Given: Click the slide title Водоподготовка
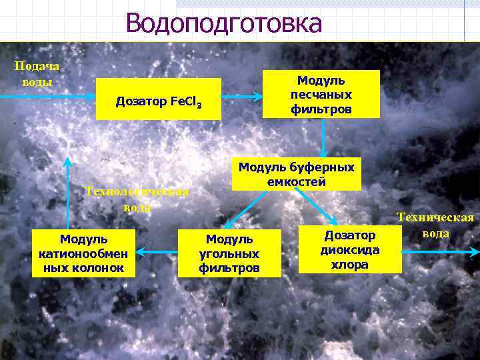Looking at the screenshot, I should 223,23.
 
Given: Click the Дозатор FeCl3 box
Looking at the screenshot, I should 159,101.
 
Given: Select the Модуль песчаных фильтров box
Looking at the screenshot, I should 321,94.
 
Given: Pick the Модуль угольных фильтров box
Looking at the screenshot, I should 229,253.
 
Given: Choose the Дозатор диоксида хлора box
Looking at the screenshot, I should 350,249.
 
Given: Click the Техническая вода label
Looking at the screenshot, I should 436,225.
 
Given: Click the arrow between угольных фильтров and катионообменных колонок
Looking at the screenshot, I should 157,252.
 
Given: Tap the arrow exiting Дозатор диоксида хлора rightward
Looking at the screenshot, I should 441,252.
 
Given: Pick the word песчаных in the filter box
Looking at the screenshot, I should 321,94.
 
